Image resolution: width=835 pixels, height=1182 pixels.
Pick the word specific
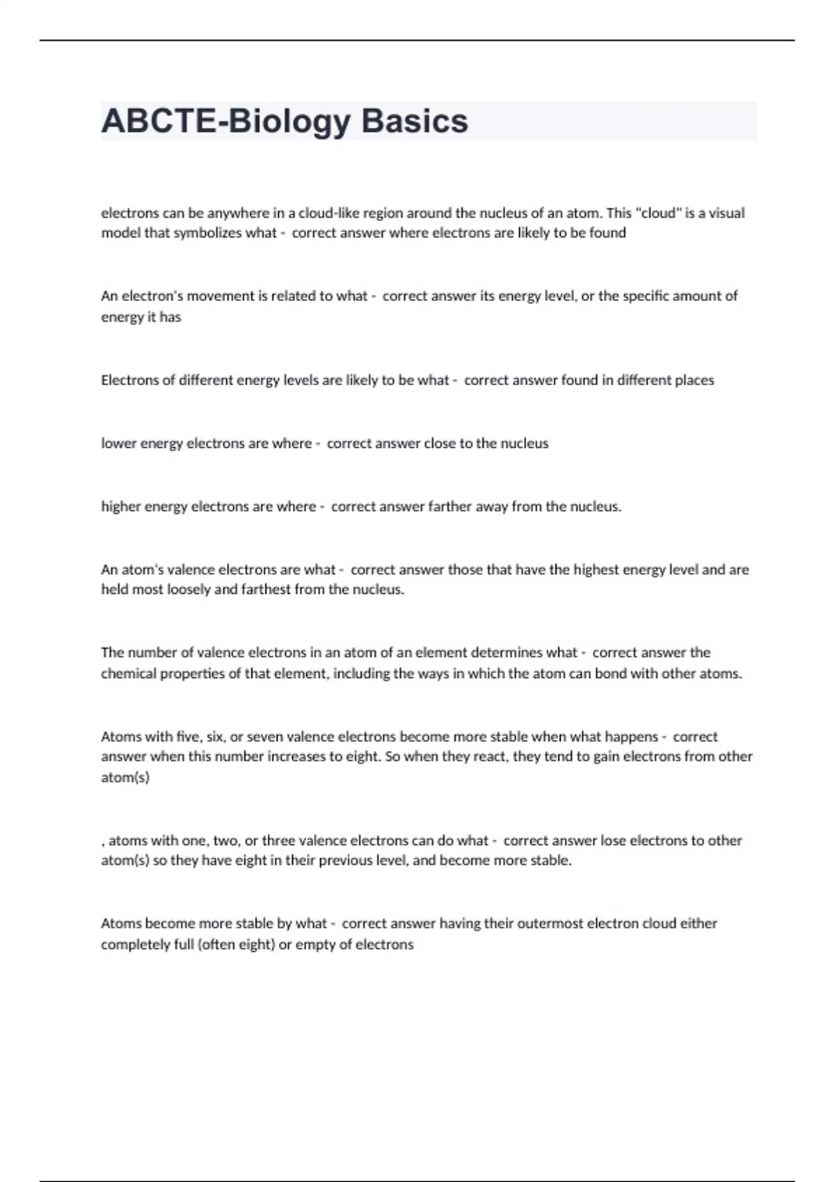point(648,296)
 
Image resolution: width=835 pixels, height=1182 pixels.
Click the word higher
point(120,507)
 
